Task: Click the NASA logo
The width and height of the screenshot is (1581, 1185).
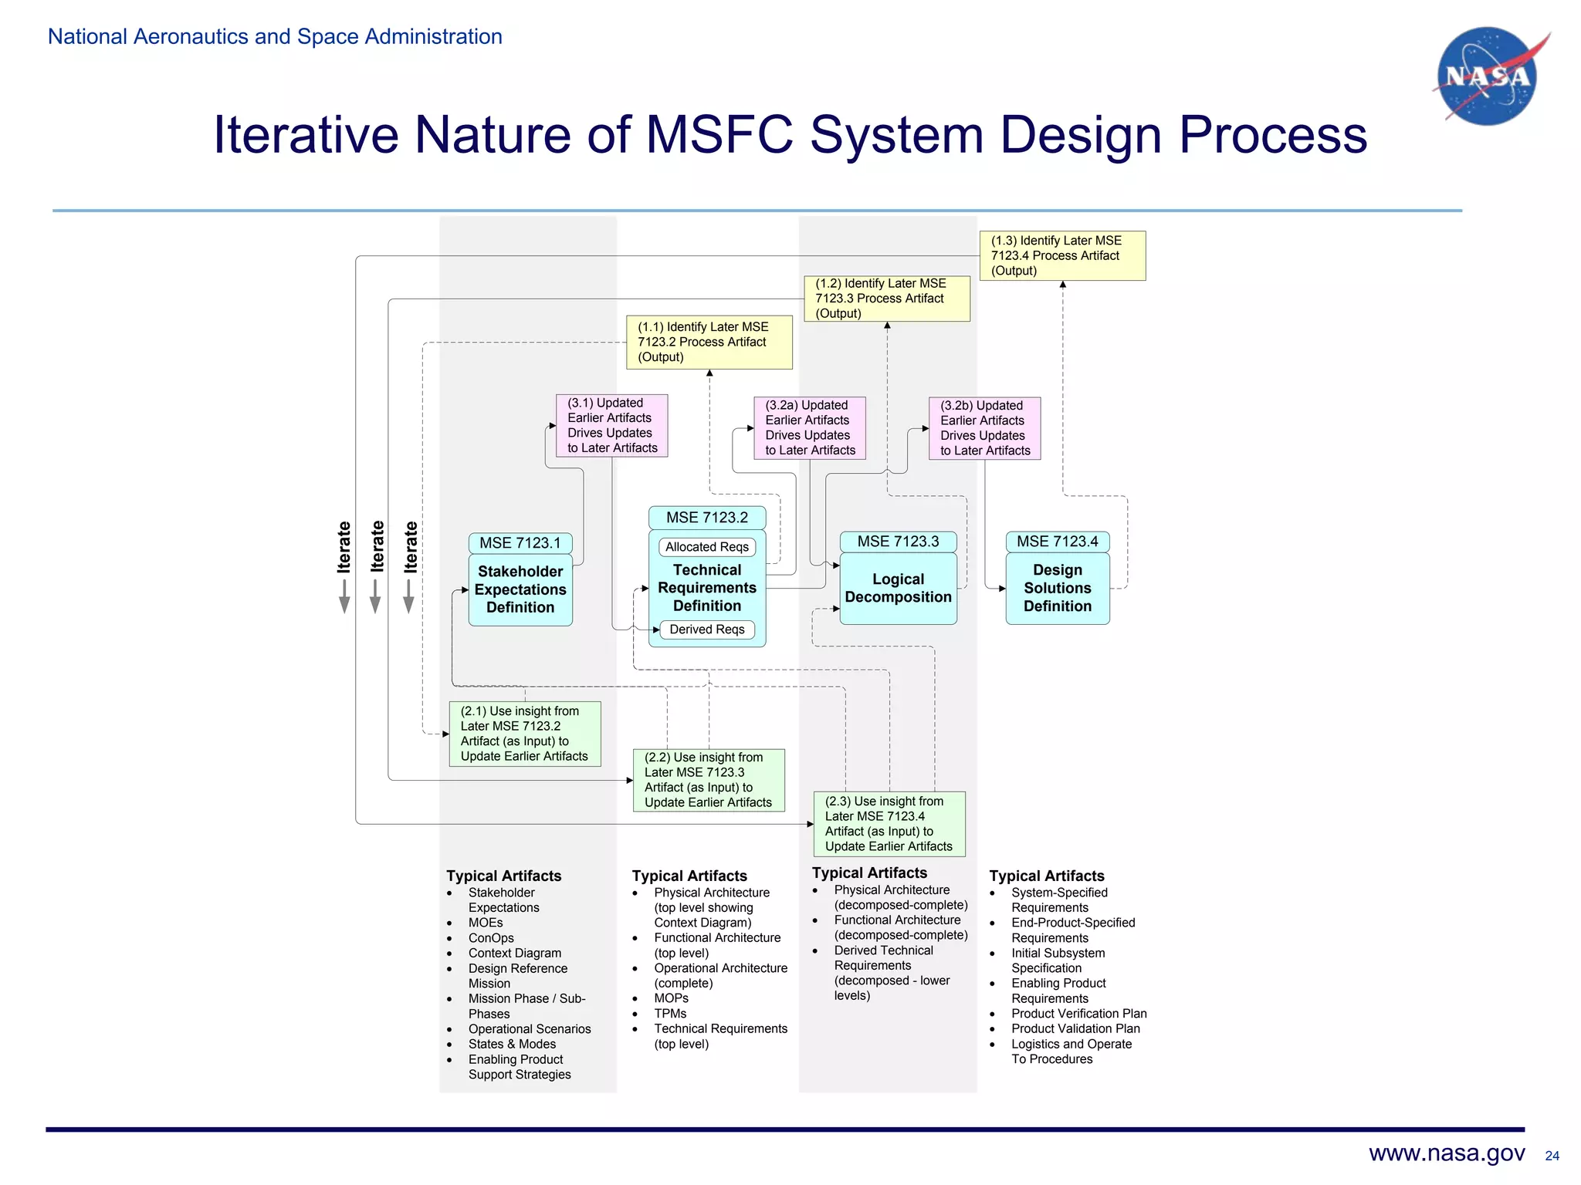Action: pos(1487,76)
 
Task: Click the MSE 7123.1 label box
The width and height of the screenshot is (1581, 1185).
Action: pos(520,543)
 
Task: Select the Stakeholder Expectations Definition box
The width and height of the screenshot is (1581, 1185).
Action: pos(520,589)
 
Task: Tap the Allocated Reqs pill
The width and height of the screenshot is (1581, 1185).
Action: pos(706,547)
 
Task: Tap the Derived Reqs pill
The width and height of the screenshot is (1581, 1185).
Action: pos(706,630)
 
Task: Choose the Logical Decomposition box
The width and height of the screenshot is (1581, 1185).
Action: pos(898,588)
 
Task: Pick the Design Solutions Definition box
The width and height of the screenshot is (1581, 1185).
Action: pos(1057,588)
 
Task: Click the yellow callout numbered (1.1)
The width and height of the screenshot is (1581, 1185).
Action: pos(709,342)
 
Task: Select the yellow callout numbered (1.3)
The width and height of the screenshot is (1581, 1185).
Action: pos(1062,255)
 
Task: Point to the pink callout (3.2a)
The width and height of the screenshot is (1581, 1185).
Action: pos(809,428)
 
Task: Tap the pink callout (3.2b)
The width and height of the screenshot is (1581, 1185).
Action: pos(984,428)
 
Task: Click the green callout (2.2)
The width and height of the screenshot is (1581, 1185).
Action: pos(708,780)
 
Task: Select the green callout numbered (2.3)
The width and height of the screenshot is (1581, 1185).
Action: pos(889,824)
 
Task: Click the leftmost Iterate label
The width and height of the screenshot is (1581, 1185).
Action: pos(344,547)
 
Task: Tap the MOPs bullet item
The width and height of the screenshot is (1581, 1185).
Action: pos(671,998)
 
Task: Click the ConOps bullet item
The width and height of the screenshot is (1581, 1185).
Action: pos(491,938)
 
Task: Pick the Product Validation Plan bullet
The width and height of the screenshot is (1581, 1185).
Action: pos(1075,1028)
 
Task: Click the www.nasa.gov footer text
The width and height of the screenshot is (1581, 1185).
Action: pos(1446,1153)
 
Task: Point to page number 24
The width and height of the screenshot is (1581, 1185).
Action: pos(1552,1156)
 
